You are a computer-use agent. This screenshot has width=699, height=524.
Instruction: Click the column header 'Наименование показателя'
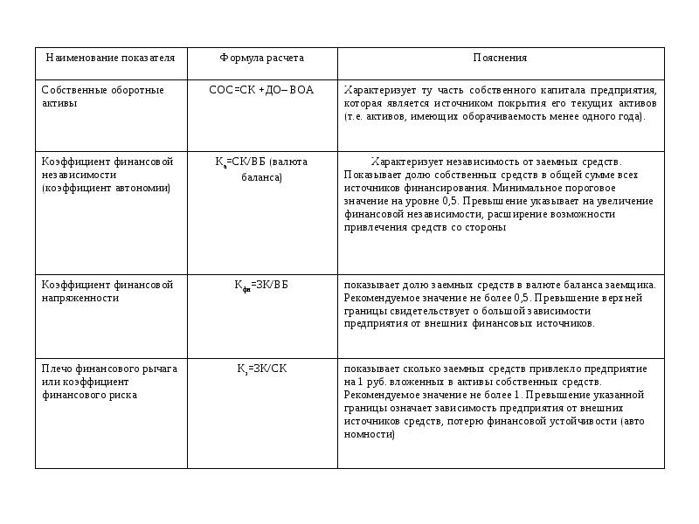(x=110, y=58)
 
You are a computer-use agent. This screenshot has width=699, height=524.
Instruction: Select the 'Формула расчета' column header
(x=261, y=58)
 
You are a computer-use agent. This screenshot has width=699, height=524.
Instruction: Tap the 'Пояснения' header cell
(x=500, y=58)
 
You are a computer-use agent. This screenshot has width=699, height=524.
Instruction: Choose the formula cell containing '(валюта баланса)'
(x=262, y=169)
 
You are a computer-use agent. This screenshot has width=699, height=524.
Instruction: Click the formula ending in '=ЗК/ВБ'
(x=261, y=286)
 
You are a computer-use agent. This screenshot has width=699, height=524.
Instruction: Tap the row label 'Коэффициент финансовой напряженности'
(x=107, y=292)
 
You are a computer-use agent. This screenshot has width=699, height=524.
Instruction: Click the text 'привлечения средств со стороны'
(x=425, y=227)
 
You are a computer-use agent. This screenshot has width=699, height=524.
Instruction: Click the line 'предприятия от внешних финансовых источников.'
(x=469, y=324)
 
